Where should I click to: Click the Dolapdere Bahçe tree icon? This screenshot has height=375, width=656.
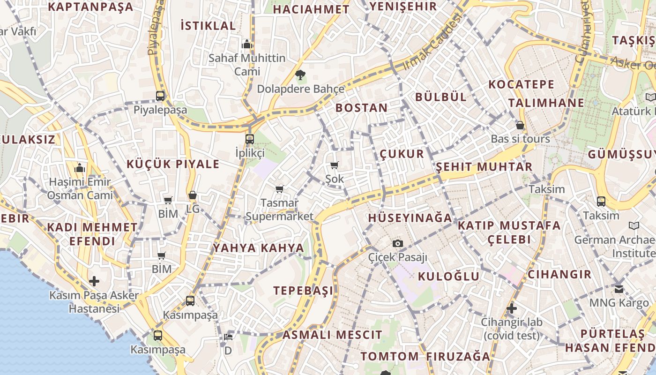[x=300, y=74]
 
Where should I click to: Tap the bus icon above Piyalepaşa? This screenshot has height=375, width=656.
[x=160, y=96]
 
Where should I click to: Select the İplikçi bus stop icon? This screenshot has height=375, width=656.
[x=250, y=139]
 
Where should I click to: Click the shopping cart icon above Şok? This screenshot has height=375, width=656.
[x=335, y=165]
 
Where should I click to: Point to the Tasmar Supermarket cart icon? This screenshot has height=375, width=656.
[x=280, y=189]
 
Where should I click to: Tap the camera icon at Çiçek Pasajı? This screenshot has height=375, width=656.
[x=398, y=243]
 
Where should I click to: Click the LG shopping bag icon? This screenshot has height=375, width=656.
[x=193, y=195]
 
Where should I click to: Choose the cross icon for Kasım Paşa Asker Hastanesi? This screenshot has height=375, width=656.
[x=94, y=281]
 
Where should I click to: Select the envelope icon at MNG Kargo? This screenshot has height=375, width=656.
[x=619, y=289]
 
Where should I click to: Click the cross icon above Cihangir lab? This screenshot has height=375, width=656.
[x=512, y=308]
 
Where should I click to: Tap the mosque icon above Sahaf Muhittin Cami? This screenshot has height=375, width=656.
[x=247, y=45]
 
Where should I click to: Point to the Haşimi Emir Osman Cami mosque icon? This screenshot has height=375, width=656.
[x=80, y=168]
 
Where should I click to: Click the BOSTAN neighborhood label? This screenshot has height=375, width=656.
[x=362, y=108]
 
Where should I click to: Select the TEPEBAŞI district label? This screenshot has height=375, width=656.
[x=304, y=290]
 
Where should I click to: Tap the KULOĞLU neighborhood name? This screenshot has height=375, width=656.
[x=448, y=276]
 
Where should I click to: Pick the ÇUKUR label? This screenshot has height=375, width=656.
[x=402, y=154]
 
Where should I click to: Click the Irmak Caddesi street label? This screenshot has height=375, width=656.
[x=432, y=42]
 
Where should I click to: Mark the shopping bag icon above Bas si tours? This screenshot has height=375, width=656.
[x=520, y=125]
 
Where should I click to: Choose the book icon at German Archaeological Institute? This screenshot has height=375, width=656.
[x=634, y=226]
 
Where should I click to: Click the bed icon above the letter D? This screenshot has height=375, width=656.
[x=228, y=337]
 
